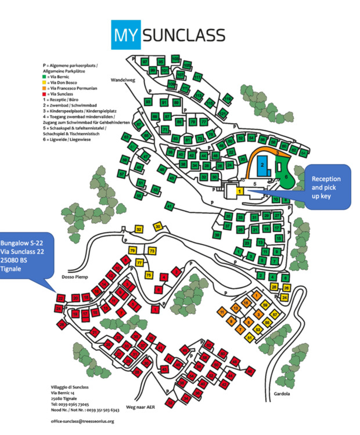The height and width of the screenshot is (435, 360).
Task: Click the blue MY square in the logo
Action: point(125,34)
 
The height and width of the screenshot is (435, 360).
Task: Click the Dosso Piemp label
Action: point(73,277)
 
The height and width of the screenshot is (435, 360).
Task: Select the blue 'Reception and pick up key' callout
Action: point(326,186)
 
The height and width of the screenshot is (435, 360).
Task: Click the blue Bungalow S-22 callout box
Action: point(26,258)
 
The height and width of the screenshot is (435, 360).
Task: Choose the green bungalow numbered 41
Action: point(170,206)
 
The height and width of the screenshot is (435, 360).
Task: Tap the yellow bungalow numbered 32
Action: point(139,230)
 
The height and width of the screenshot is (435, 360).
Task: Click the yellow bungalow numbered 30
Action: point(157,227)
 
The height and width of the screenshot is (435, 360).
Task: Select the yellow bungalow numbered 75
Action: point(149,275)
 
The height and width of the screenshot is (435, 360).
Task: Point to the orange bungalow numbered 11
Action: point(222,312)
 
